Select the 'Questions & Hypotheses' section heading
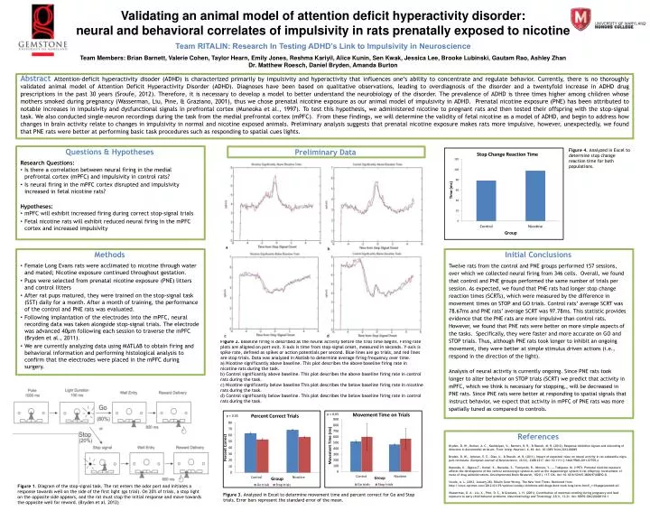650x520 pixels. pos(93,126)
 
